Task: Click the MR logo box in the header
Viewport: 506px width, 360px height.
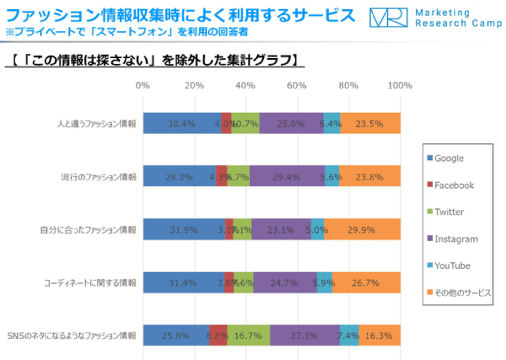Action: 388,18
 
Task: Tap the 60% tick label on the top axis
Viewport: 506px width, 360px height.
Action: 296,86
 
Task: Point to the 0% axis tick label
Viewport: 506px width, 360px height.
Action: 143,86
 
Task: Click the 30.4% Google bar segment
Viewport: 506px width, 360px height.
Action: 182,123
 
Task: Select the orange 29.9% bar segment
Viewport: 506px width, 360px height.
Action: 362,229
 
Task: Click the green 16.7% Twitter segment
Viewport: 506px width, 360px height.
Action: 248,335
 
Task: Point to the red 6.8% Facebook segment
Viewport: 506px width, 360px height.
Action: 218,335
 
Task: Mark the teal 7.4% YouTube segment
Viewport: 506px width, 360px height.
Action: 349,335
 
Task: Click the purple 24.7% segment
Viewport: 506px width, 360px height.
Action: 285,283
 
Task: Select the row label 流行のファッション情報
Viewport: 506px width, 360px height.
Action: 99,177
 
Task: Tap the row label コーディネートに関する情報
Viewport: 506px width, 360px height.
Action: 90,283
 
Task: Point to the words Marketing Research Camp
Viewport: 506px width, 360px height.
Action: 458,18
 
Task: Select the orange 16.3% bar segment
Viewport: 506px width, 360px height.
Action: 379,335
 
